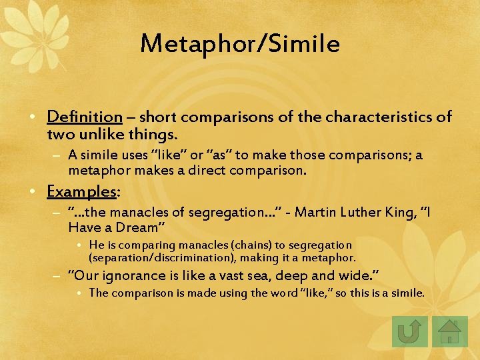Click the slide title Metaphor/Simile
[240, 44]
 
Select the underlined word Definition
[84, 117]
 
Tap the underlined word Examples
[81, 191]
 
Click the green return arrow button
[409, 331]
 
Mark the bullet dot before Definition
[39, 118]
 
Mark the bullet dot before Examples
[39, 192]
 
